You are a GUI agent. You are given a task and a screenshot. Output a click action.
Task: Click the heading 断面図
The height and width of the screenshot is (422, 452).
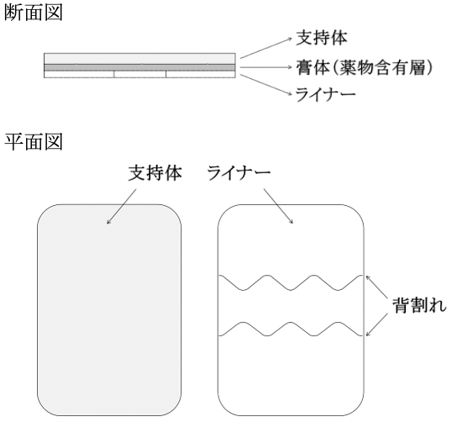[34, 13]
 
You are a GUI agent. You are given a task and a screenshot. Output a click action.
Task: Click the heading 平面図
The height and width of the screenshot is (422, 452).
[34, 141]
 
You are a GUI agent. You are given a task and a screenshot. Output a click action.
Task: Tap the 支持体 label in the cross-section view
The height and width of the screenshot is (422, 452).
[322, 38]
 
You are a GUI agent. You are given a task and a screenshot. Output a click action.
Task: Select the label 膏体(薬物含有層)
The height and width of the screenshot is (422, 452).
[365, 68]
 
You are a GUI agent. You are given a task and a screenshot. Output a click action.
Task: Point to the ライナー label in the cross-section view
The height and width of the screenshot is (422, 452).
[325, 94]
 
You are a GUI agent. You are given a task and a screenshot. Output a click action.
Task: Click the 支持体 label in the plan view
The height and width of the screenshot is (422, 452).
[155, 173]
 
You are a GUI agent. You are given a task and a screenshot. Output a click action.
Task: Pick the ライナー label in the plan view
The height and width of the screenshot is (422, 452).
[239, 173]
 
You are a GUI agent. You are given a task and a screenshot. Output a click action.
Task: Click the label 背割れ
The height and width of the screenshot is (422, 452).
[419, 305]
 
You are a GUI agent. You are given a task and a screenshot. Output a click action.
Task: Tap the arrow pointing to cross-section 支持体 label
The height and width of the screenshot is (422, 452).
[266, 48]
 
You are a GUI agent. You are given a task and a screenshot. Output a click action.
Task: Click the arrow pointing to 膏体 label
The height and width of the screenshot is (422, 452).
[266, 67]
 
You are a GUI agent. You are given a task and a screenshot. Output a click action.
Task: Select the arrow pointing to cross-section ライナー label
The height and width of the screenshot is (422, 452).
[266, 85]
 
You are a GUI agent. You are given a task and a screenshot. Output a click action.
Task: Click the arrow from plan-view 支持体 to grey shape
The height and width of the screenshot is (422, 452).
[121, 207]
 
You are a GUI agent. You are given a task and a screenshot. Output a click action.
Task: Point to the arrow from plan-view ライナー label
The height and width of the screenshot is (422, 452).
[278, 206]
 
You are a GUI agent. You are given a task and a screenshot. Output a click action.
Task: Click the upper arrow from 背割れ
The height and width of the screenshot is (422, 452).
[376, 287]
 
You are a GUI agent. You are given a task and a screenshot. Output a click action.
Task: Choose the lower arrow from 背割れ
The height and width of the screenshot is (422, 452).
[376, 324]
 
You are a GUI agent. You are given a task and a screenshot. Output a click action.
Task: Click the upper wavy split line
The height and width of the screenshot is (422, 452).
[291, 290]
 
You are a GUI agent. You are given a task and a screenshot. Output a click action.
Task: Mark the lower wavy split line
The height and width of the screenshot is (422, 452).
[291, 323]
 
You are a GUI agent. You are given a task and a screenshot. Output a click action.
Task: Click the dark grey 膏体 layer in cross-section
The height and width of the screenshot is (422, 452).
[139, 67]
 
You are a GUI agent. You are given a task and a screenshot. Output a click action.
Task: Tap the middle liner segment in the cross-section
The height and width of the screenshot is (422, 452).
[140, 74]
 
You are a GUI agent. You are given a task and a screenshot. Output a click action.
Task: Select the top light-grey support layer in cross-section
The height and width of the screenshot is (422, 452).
[139, 59]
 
